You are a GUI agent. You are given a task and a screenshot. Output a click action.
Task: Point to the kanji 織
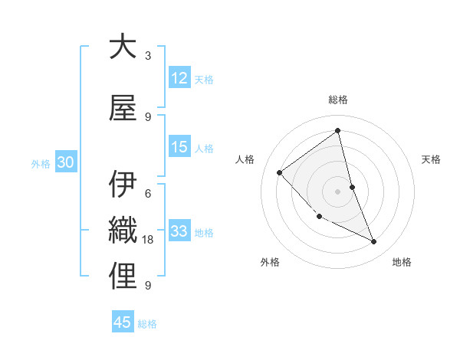tap(123, 231)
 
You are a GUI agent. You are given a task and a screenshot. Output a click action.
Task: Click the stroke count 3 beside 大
tap(148, 56)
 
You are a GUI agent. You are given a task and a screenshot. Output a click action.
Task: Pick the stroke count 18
tap(149, 240)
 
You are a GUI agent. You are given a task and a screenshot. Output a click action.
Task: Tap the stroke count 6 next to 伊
tap(148, 193)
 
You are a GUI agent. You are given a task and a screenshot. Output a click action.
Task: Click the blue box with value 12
tap(179, 78)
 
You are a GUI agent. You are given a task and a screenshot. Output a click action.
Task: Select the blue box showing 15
tap(179, 147)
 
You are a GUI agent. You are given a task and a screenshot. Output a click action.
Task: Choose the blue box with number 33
tap(179, 231)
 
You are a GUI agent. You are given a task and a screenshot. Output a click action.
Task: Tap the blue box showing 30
tap(65, 162)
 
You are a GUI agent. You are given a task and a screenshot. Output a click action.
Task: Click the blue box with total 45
tap(123, 322)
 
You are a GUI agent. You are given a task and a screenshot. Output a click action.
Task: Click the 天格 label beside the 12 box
tap(204, 79)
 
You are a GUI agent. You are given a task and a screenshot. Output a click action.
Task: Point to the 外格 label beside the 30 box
tap(41, 163)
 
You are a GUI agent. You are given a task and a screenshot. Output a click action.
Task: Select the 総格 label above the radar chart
tap(338, 100)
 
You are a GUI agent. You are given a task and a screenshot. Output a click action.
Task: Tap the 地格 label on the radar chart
tap(402, 262)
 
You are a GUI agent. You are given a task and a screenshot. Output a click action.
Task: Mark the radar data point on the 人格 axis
tap(280, 173)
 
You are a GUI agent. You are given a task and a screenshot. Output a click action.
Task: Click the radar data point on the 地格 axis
tap(374, 242)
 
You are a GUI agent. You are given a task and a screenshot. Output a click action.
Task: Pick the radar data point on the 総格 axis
tap(338, 130)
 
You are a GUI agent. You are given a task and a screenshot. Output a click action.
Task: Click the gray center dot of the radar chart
tap(337, 191)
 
